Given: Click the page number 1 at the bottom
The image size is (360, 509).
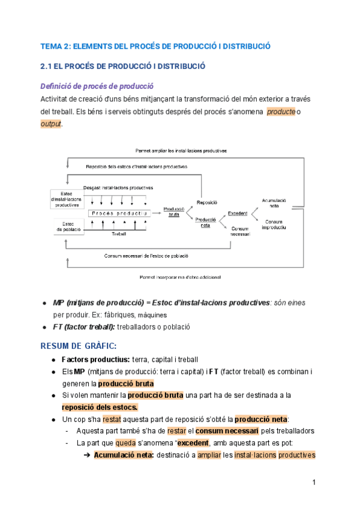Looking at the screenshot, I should click(314, 483).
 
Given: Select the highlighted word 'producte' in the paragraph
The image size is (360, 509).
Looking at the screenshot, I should click(280, 112).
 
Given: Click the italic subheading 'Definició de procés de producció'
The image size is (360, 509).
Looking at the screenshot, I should click(97, 85).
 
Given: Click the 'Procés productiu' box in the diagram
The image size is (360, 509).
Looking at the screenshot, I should click(118, 213).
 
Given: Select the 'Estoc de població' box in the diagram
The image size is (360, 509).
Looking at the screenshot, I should click(65, 226).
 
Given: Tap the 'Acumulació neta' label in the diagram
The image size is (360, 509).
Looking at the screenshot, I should click(274, 202).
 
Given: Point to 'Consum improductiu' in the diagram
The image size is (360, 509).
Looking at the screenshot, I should click(274, 224).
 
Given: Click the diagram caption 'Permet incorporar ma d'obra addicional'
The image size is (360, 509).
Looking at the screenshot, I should click(180, 277).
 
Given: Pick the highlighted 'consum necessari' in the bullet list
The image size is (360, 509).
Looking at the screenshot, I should click(227, 431).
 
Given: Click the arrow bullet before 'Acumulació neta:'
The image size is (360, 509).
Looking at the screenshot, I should click(86, 455).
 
